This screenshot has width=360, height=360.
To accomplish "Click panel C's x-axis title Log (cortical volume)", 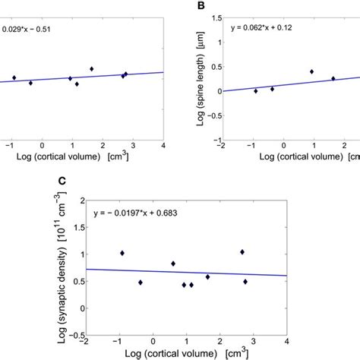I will click(x=187, y=352).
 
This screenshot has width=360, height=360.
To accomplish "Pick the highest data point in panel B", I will click(x=311, y=71).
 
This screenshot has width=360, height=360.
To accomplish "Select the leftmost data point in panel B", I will click(x=256, y=90).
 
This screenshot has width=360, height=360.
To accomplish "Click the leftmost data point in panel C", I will click(x=122, y=253).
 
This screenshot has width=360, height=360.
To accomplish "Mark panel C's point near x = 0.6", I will click(x=173, y=264).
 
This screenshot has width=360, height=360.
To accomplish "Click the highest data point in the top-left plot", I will click(x=92, y=68).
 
